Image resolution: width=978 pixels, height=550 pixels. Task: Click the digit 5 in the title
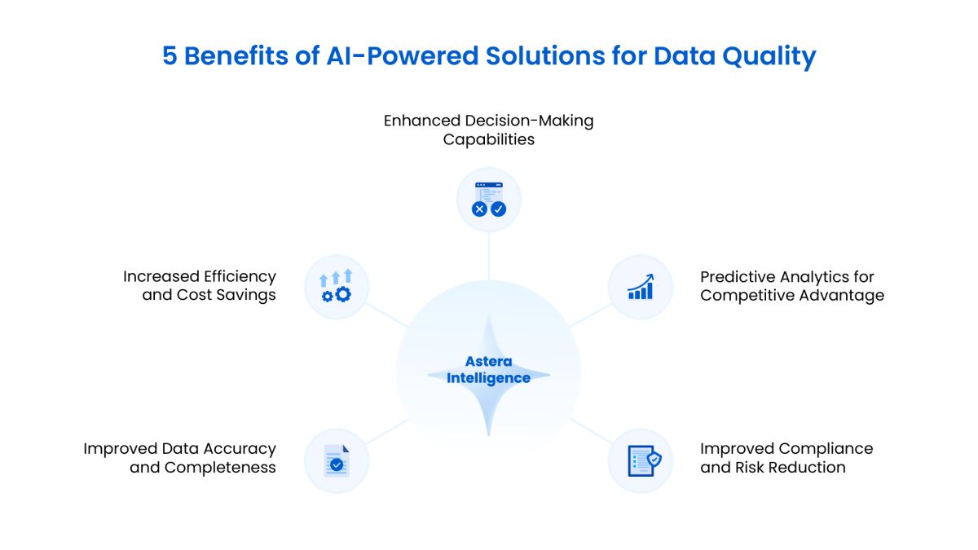(170, 56)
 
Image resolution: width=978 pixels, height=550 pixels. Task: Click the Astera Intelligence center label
(488, 370)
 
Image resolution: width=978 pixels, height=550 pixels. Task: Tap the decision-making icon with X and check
(489, 200)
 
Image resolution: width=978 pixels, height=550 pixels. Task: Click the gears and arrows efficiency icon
(337, 287)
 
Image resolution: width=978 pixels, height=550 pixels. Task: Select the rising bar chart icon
(641, 287)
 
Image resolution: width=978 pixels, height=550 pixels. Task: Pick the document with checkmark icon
(337, 460)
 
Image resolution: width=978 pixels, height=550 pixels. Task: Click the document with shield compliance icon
(641, 460)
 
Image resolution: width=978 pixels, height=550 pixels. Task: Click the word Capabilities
(489, 139)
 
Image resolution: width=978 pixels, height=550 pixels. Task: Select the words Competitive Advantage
(792, 295)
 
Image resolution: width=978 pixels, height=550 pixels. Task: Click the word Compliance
(826, 448)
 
